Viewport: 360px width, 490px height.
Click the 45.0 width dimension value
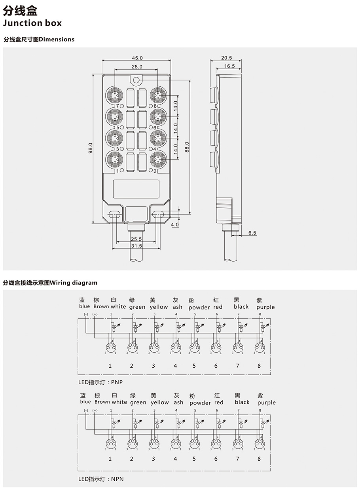(x=137, y=58)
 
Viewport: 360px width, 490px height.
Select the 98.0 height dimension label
(x=91, y=148)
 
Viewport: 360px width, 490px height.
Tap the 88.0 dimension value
(x=187, y=147)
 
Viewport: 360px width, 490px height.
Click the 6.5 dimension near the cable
(x=252, y=233)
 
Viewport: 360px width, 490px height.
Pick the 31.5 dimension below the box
(x=136, y=246)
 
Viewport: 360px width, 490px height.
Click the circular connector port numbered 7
(x=114, y=95)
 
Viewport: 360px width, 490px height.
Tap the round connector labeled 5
(x=114, y=116)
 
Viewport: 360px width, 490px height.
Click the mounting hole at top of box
(x=136, y=81)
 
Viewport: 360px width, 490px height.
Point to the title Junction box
(x=32, y=23)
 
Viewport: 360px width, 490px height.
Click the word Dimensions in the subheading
(x=57, y=39)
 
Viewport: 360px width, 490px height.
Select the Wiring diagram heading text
(x=74, y=283)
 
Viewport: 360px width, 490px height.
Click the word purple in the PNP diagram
(x=265, y=307)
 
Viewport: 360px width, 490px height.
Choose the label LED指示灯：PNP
(x=101, y=382)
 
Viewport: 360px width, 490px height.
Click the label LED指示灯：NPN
(x=101, y=479)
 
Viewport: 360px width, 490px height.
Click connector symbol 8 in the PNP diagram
(x=259, y=347)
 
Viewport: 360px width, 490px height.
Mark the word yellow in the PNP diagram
(x=159, y=307)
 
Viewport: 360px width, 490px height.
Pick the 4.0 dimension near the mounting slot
(x=174, y=224)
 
